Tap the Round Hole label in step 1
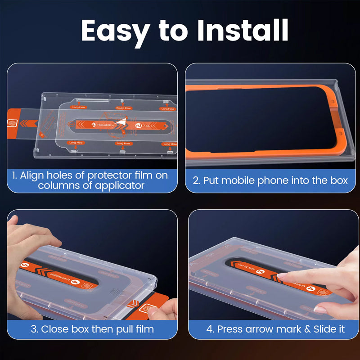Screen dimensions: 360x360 pos(123,108)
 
